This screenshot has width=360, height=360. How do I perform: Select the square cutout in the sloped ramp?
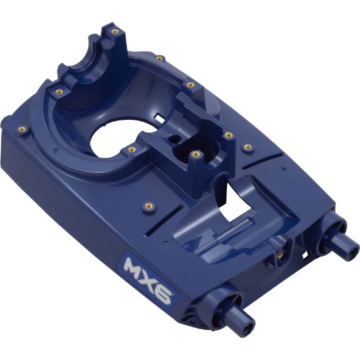pyautogui.click(x=235, y=200)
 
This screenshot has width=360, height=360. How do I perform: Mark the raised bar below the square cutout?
pyautogui.click(x=223, y=226)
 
